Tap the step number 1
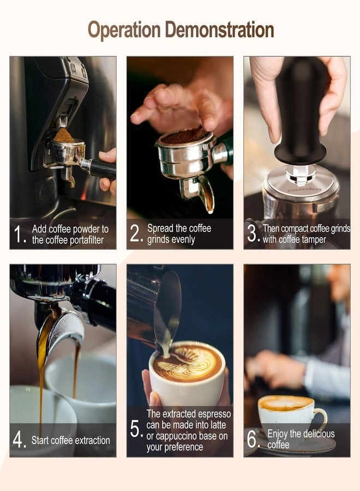click(20, 235)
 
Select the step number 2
click(136, 234)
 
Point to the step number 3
click(253, 233)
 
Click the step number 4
click(20, 440)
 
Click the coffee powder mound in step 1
click(64, 136)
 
